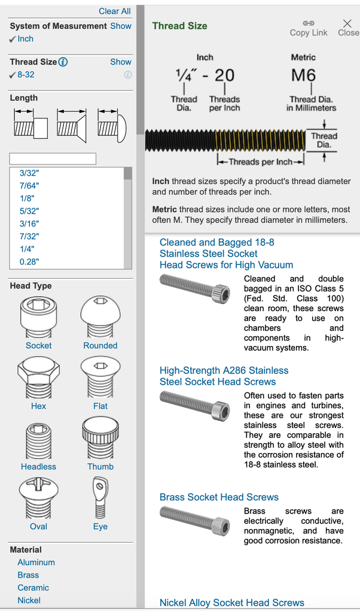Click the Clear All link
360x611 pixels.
[x=114, y=11]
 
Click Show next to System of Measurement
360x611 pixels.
[x=120, y=26]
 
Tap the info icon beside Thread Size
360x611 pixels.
[x=63, y=62]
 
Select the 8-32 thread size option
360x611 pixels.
[x=26, y=75]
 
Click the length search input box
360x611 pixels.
[x=53, y=159]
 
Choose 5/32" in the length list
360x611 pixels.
[x=29, y=211]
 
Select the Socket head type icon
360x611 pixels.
[x=38, y=317]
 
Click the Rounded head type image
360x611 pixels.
[x=100, y=317]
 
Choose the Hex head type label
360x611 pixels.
[x=38, y=406]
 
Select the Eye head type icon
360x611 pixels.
[x=100, y=498]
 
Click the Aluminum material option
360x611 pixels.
[x=36, y=563]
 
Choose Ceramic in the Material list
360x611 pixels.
[x=33, y=588]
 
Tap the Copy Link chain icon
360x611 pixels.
[x=309, y=23]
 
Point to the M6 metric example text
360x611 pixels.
[x=303, y=75]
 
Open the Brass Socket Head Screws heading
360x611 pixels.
[x=219, y=497]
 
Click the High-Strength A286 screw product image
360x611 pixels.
[x=195, y=405]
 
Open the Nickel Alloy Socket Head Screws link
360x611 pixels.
[x=231, y=603]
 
